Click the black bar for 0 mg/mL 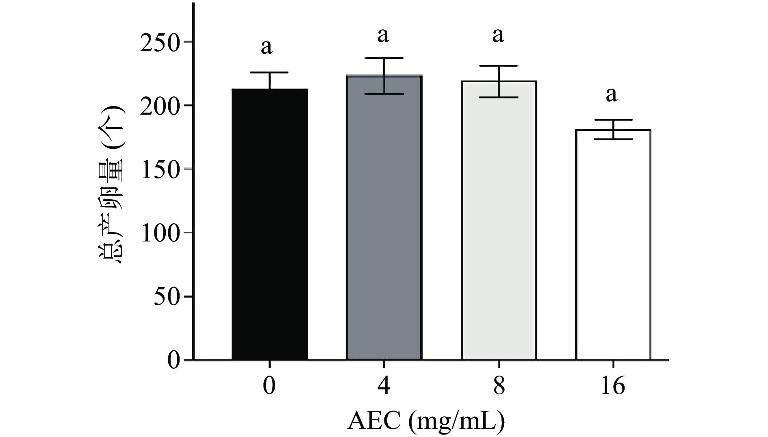pos(269,224)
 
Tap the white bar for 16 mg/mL pos(613,244)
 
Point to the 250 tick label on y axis pos(159,42)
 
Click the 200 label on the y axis pos(159,106)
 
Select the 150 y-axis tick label pos(159,170)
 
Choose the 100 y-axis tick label pos(159,233)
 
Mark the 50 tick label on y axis pos(167,297)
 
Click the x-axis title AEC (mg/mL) pos(426,422)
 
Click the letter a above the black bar pos(266,47)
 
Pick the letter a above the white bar pos(611,95)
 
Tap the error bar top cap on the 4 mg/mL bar pos(384,58)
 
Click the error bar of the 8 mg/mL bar pos(499,81)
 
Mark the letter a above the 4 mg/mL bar pos(383,36)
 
